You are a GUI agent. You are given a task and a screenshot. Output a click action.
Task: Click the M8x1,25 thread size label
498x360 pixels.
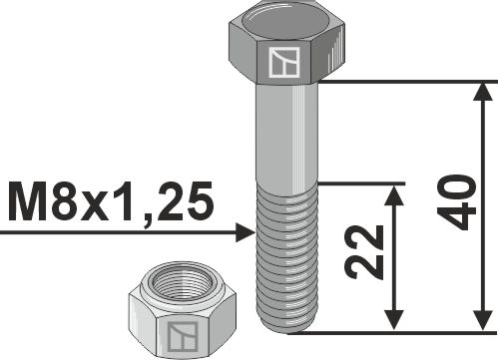(110, 202)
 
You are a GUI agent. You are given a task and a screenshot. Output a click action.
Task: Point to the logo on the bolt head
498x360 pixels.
(284, 64)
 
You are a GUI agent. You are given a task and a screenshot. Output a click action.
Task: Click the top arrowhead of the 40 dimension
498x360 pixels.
(484, 94)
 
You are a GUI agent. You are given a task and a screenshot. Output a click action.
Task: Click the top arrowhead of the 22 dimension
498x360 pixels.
(396, 194)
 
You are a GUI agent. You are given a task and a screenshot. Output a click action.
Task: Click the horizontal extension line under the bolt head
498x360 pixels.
(399, 83)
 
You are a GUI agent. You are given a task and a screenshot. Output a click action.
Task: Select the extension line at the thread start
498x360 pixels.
(359, 183)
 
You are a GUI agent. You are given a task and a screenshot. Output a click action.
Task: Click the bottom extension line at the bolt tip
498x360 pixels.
(399, 331)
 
